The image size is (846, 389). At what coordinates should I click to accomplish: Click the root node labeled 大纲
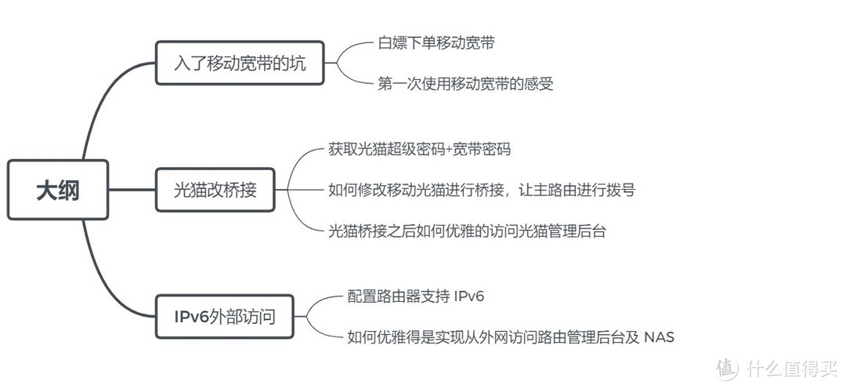57,190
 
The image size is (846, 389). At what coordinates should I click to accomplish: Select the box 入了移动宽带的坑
240,63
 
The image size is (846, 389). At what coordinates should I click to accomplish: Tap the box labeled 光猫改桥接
215,189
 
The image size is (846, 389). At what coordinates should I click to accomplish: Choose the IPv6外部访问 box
225,316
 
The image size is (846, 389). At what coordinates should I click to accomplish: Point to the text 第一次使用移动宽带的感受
465,84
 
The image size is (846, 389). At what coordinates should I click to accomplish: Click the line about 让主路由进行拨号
481,189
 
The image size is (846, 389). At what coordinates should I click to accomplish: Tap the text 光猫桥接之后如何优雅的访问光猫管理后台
467,231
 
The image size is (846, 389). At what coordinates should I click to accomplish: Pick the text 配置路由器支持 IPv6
421,296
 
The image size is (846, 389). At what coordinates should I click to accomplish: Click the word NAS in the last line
659,337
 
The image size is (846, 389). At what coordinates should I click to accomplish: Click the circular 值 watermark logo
728,367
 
